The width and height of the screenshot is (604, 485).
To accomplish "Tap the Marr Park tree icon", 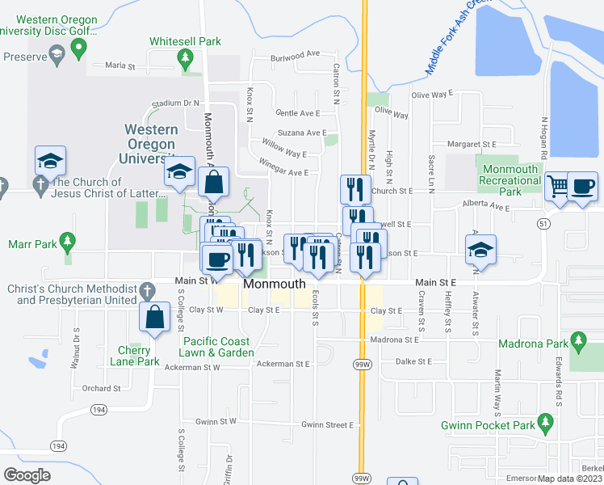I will pos(69,241).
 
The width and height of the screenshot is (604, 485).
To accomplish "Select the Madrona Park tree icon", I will pos(577,339).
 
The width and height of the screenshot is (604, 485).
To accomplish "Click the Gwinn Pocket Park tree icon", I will pos(546,422).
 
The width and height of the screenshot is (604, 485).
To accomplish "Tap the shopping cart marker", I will pos(557,186).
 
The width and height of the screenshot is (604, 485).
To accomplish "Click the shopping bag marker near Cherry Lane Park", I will pos(153,317).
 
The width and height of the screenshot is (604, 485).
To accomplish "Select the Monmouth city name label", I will pos(274,284).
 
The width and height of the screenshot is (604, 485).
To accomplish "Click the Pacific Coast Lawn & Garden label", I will pos(216,347).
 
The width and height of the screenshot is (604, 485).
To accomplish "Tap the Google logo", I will pos(27,474).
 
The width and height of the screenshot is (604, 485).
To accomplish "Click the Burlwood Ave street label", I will pos(296,55).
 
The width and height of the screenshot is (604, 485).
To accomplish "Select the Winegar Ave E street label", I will pos(283,171).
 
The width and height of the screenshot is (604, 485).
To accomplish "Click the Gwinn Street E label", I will pos(328,424).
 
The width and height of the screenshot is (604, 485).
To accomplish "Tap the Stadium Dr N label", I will pos(175,103).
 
